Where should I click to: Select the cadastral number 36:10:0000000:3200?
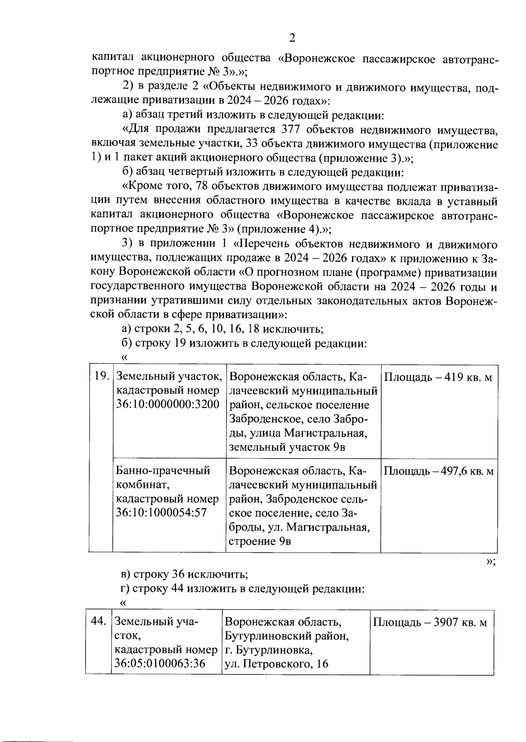[x=167, y=405]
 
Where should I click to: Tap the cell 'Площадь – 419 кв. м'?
[x=438, y=377]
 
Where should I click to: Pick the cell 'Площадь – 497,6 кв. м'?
[x=439, y=471]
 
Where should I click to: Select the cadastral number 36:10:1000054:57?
[x=161, y=512]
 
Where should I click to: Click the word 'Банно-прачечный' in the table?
[x=163, y=471]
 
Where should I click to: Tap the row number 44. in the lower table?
[x=99, y=621]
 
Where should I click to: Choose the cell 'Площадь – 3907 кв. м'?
[x=430, y=623]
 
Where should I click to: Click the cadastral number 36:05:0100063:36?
[x=160, y=664]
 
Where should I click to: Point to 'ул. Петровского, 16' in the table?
[x=276, y=664]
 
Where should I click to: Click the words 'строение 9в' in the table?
[x=260, y=541]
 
